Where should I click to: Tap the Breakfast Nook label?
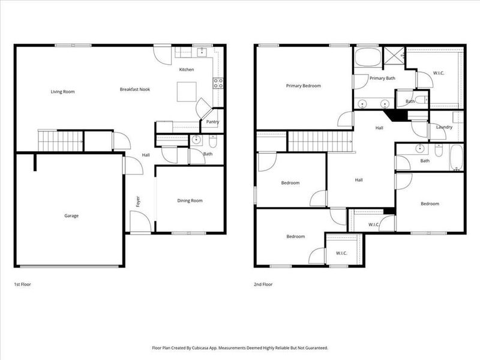(134, 89)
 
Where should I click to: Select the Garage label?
(71, 216)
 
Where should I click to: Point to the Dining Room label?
(190, 201)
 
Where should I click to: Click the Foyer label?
(137, 201)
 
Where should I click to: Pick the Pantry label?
(212, 122)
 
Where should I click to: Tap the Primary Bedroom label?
(303, 86)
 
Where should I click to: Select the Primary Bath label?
(382, 79)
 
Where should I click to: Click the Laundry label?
(444, 127)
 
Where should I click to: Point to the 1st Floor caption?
(22, 284)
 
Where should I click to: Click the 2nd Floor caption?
(263, 284)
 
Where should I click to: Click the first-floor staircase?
(61, 142)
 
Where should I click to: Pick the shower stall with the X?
(394, 56)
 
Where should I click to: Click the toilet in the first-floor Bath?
(213, 142)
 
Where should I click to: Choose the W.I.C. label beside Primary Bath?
(438, 73)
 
